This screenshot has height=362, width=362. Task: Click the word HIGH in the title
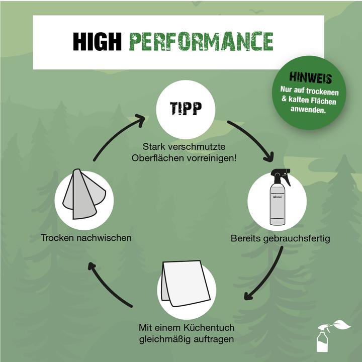tap(97, 42)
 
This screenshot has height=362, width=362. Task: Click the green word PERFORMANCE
tap(201, 42)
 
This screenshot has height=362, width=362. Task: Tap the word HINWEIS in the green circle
tap(310, 77)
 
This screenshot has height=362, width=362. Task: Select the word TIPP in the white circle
tap(186, 108)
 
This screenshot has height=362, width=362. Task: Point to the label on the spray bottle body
tap(277, 197)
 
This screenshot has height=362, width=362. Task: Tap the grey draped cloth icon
tap(84, 194)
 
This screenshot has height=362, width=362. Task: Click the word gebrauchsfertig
tap(297, 238)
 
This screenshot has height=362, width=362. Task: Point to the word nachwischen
tap(104, 238)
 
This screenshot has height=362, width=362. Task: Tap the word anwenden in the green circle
tap(308, 110)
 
